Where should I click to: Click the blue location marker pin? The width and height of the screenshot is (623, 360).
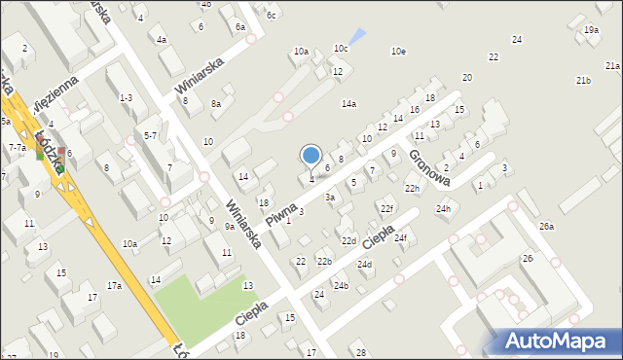(x=311, y=157)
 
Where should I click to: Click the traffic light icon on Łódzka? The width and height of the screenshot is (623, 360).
(x=41, y=151)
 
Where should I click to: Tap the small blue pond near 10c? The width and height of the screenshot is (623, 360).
(x=359, y=37)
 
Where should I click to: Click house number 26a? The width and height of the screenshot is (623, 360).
(x=547, y=227)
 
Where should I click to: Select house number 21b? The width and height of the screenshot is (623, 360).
(x=583, y=80)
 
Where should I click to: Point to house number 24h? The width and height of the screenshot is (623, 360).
(x=444, y=209)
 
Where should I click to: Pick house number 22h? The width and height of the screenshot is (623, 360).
(x=413, y=188)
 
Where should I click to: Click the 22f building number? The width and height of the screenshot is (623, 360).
(x=386, y=208)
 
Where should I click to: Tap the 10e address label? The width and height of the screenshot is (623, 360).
(x=398, y=51)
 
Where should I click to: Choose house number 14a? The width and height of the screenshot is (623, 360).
(x=348, y=103)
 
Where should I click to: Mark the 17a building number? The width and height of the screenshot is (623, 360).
(x=114, y=285)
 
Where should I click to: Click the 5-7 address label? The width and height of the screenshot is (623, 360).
(x=150, y=136)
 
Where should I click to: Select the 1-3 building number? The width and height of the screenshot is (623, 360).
(x=126, y=97)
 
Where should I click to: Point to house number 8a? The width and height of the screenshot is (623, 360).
(x=216, y=103)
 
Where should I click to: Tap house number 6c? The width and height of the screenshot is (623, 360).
(x=272, y=15)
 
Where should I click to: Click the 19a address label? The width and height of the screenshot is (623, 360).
(x=591, y=30)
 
